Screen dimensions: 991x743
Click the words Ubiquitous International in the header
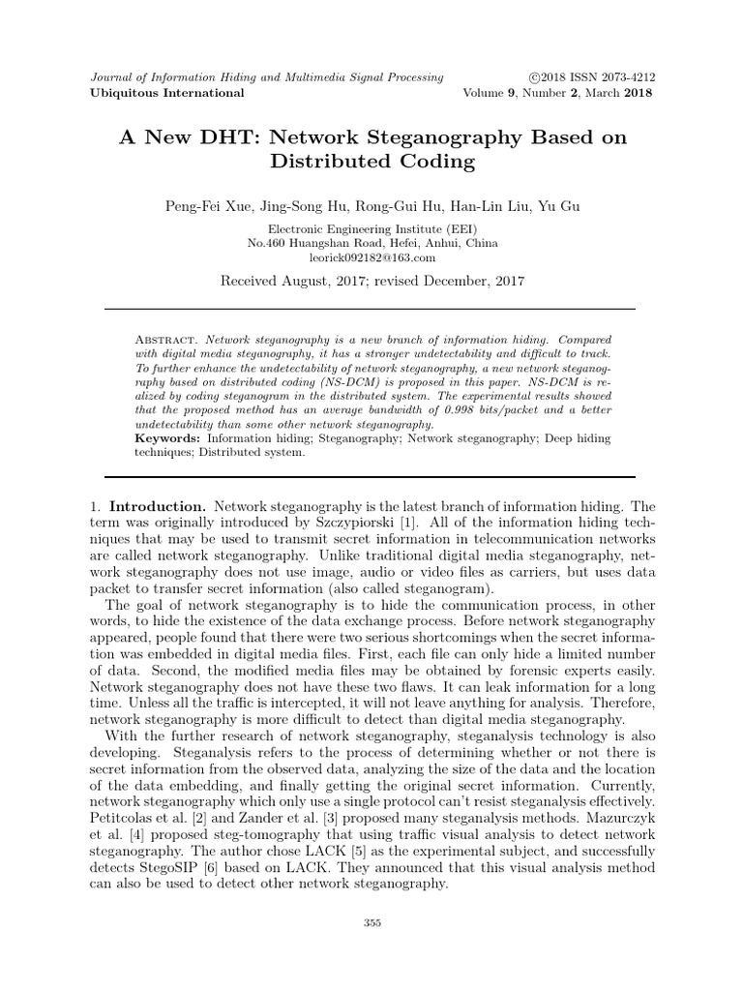tap(167, 93)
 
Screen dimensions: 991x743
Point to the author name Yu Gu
tap(565, 205)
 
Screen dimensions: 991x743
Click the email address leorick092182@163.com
tap(372, 257)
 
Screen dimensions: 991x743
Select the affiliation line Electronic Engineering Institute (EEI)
tap(372, 228)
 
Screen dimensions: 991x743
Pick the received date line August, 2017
tap(372, 282)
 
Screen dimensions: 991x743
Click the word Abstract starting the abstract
tap(166, 341)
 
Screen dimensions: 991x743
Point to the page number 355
tap(372, 923)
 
